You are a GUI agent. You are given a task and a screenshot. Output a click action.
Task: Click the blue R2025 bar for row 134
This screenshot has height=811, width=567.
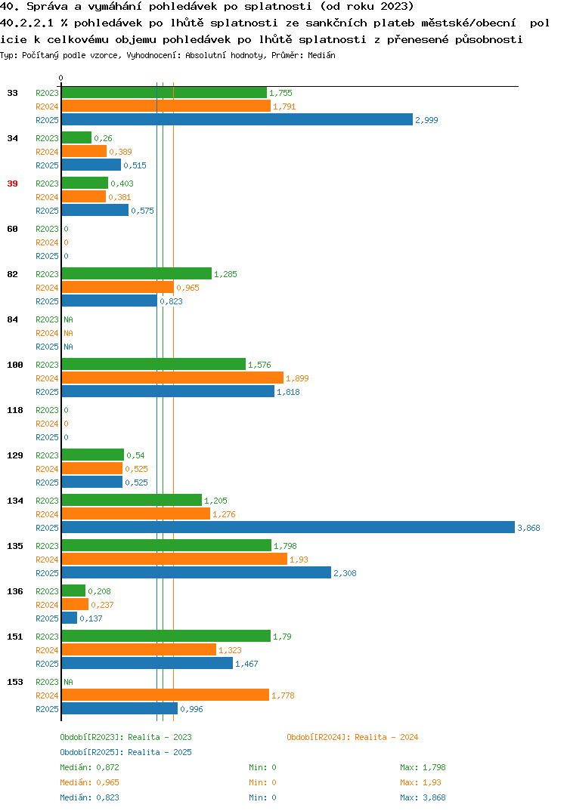point(289,527)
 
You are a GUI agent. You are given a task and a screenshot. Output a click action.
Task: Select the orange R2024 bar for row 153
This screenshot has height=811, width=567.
point(166,695)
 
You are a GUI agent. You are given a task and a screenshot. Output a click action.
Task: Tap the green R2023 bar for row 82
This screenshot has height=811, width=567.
point(137,273)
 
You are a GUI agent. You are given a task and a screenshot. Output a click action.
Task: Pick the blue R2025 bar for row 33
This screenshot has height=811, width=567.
point(237,119)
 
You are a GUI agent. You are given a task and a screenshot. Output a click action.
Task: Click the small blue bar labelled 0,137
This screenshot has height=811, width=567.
point(70,618)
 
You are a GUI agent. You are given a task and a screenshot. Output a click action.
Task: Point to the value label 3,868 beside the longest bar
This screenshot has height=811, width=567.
point(528,528)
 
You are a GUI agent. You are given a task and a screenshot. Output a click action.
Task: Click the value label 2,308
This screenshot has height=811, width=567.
point(345,573)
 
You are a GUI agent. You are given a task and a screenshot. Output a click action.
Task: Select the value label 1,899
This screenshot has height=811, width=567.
point(297,378)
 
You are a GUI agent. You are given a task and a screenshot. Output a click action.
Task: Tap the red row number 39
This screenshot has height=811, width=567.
point(12,183)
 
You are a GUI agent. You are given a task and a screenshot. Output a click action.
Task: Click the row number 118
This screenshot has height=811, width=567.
point(15,410)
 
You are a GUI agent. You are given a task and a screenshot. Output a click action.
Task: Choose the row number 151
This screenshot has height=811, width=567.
point(15,637)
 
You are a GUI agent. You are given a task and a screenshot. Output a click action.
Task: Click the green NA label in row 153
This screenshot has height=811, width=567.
point(68,682)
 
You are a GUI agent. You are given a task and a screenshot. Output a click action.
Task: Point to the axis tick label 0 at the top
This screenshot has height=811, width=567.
point(60,78)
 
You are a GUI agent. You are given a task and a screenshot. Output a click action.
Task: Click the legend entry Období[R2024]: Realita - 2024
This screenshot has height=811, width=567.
point(352,737)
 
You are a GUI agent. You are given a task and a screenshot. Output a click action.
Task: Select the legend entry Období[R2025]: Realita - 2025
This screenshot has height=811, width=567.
point(125,752)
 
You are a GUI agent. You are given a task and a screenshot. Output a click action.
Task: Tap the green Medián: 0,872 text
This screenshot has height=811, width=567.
point(89,767)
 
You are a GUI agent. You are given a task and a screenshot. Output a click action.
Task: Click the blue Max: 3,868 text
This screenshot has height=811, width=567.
point(423,797)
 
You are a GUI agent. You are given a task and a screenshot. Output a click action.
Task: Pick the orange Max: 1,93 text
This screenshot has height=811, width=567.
point(420,782)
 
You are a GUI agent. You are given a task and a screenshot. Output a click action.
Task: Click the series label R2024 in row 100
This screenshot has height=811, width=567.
point(47,378)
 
